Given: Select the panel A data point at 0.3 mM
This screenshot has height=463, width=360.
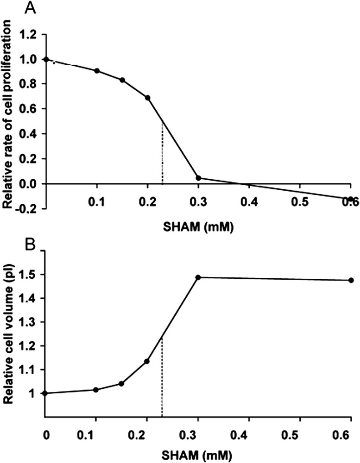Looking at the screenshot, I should pos(198,178).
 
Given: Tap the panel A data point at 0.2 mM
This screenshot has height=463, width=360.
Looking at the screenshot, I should pos(148,98).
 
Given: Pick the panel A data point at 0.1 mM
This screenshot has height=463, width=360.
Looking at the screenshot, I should pos(97,71).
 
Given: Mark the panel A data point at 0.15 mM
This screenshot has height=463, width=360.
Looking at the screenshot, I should pos(122,80).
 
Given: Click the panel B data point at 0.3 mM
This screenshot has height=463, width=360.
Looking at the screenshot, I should pos(198,277).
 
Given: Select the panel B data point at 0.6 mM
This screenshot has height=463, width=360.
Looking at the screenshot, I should pos(351,280).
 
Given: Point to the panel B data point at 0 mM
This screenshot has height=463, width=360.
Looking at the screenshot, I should pos(45,393).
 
